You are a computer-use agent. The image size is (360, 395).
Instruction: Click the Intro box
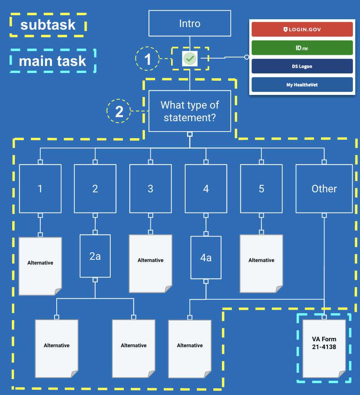[190, 23]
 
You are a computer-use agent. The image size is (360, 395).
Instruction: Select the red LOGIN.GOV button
[302, 29]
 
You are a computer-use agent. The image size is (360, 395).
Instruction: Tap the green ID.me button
[302, 48]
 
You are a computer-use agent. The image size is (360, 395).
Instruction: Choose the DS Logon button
[302, 66]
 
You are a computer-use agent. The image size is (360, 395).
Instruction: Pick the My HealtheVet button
[302, 84]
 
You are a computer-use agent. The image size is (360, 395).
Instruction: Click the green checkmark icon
[190, 59]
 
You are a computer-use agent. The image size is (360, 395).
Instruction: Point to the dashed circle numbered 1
[147, 59]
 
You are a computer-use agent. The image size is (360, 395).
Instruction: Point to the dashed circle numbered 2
[119, 111]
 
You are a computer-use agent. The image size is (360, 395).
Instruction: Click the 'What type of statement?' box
[190, 111]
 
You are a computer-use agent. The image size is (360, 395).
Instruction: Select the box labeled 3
[150, 189]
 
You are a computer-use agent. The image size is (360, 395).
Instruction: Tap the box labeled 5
[261, 189]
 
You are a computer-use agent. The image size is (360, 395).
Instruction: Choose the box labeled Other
[324, 189]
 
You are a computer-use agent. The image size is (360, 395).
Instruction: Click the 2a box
[95, 256]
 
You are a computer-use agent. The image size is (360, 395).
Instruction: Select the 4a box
[206, 257]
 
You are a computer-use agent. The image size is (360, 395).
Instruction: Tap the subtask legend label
[48, 25]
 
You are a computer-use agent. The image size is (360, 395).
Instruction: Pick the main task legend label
[53, 61]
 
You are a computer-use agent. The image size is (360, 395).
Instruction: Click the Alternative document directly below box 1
[40, 266]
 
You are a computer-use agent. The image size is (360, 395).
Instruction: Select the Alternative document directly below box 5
[261, 263]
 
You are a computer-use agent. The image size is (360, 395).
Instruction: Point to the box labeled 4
[206, 189]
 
